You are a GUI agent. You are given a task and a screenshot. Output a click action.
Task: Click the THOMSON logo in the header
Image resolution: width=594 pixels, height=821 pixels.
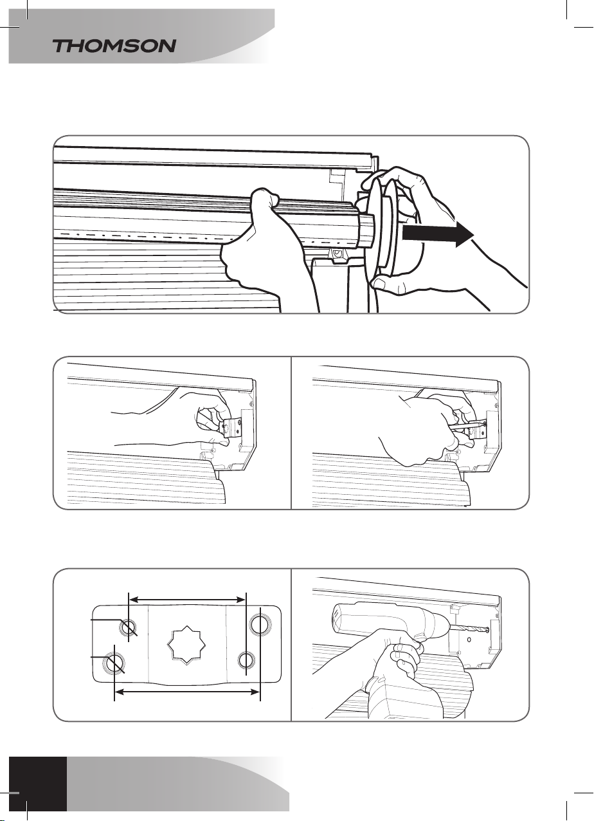[x=114, y=46]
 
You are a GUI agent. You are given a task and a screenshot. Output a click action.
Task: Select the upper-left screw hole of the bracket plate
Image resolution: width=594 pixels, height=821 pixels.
[x=129, y=628]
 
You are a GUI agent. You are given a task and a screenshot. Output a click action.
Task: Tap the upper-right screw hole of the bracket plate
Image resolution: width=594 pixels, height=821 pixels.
[x=260, y=625]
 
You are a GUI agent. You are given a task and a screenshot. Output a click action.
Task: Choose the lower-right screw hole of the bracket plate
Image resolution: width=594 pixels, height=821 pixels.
[x=246, y=660]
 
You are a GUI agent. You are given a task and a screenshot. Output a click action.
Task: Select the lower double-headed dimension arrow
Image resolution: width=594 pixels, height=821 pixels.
[x=187, y=692]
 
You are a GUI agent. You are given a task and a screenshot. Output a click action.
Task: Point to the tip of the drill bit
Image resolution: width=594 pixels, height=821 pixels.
[x=489, y=630]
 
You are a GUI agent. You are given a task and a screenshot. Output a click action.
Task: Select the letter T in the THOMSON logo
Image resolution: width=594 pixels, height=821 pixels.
[x=62, y=46]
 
